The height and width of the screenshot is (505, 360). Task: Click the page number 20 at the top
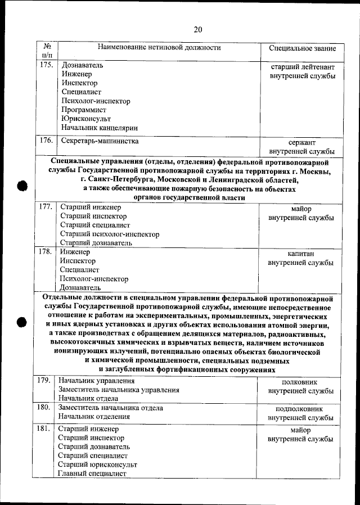click(x=197, y=29)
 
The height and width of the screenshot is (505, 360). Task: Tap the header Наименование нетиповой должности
click(x=159, y=48)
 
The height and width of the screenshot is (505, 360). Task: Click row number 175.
click(x=47, y=65)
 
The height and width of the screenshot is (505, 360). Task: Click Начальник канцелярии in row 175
click(x=100, y=128)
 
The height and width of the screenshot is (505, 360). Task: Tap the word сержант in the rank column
click(x=302, y=143)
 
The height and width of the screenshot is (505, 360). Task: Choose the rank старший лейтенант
click(x=303, y=66)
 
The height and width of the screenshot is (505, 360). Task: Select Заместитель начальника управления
click(x=119, y=390)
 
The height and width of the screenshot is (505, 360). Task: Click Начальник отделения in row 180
click(x=94, y=417)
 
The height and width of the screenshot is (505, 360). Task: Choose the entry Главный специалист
click(x=92, y=474)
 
